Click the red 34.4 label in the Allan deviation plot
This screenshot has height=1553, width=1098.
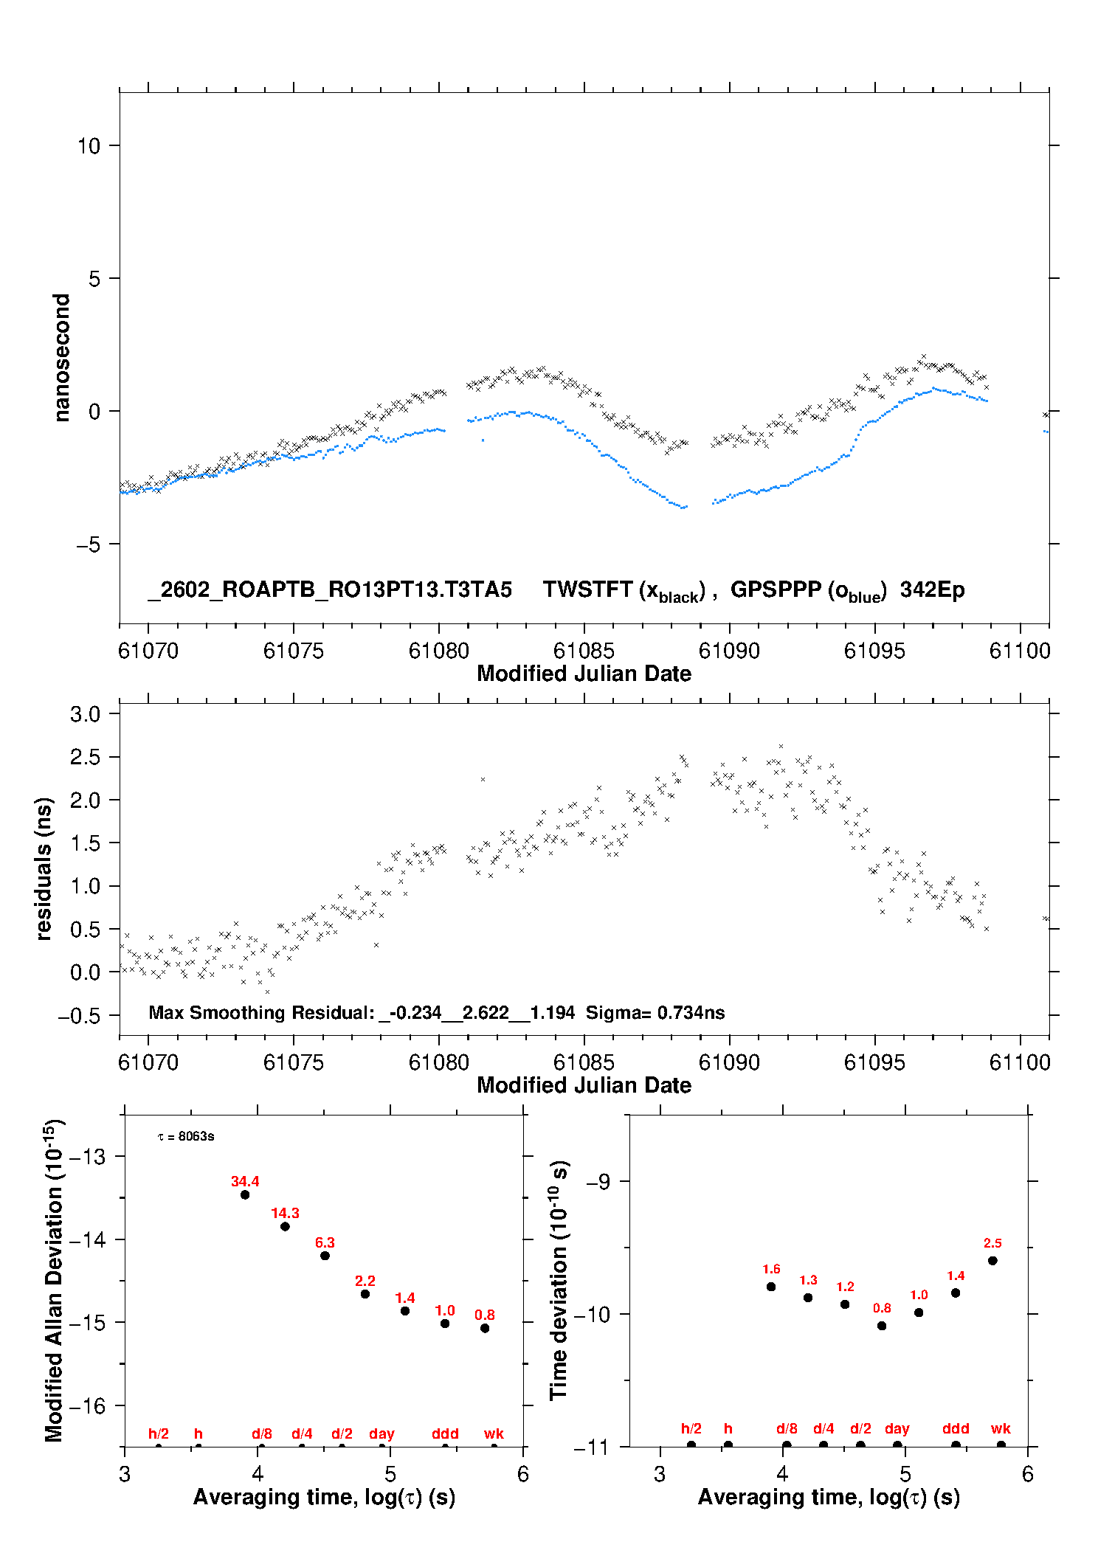click(245, 1181)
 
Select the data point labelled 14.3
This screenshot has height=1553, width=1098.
click(285, 1226)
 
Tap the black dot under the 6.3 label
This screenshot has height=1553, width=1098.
click(325, 1256)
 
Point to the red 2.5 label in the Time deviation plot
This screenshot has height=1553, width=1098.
click(992, 1243)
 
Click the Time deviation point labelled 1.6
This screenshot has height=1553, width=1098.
click(771, 1287)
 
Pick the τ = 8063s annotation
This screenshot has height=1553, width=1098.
click(186, 1136)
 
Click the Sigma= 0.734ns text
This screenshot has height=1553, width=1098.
click(655, 1013)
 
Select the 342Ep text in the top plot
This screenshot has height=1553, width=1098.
click(932, 590)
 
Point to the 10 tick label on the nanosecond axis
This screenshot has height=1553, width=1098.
click(89, 146)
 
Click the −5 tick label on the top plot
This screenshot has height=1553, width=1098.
click(88, 545)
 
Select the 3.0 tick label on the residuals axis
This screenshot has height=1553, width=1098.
click(85, 714)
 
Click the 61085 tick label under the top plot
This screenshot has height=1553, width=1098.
click(584, 651)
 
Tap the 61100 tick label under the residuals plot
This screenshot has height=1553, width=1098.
click(1020, 1062)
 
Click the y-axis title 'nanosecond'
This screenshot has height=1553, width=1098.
click(61, 358)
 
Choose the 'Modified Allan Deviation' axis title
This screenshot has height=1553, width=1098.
click(54, 1280)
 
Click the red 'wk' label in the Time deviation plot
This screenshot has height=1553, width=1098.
click(1001, 1429)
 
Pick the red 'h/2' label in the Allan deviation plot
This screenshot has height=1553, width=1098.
click(159, 1434)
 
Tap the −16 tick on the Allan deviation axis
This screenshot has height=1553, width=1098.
click(87, 1406)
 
